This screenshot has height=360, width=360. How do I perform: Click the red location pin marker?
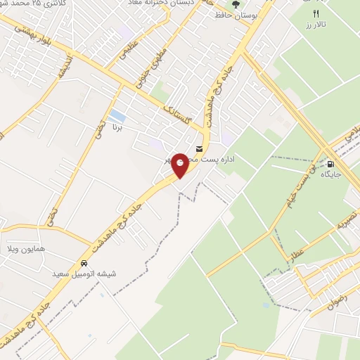tap(181, 165)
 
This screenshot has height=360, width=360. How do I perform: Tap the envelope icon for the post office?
tap(200, 149)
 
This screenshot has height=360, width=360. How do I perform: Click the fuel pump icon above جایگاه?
tap(329, 166)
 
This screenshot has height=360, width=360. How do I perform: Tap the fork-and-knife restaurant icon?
tap(316, 13)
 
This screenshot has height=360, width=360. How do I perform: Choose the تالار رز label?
tap(316, 25)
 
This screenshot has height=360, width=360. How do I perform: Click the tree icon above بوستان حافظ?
tap(236, 3)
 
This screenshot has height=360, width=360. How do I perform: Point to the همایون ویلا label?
tap(50, 250)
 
